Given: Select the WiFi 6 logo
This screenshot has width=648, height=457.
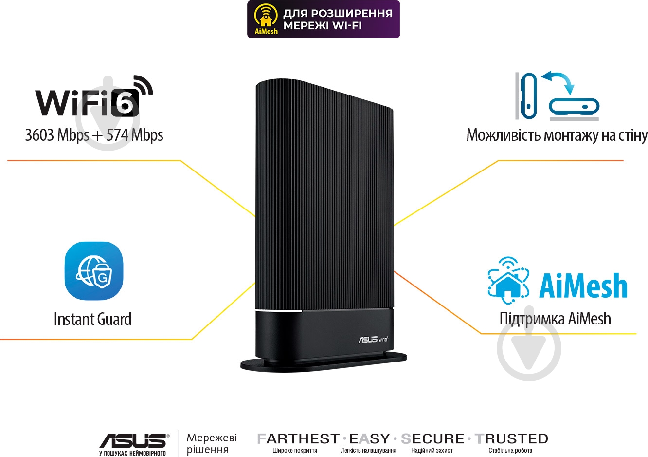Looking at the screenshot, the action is coord(94,96).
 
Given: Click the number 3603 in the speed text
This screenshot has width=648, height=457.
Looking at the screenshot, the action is coord(40,135).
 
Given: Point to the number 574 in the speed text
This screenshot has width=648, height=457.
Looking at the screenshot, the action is coord(117,135).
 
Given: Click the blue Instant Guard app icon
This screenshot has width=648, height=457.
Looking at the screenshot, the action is coord(94,271).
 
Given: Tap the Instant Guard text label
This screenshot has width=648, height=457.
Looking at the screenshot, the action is coord(92,319).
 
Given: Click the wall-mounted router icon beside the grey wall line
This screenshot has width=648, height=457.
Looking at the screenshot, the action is coord(528,96).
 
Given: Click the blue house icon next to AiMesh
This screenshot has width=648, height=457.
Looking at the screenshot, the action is coord(508,280).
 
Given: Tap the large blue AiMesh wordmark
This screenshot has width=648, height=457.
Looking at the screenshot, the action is coord(583,286).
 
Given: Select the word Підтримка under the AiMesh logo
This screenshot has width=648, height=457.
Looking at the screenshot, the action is coord(532,319).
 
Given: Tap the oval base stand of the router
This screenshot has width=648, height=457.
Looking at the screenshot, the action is coord(324,362).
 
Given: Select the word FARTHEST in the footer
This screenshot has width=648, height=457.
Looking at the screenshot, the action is coord(298,439).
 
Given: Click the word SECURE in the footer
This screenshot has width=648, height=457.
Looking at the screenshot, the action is coord(432,439).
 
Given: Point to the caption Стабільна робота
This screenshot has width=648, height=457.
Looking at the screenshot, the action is coord(510,451).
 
